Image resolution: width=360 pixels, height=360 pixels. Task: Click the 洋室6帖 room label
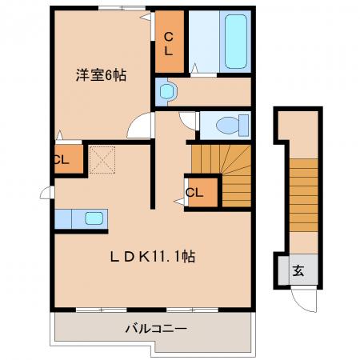click(101, 75)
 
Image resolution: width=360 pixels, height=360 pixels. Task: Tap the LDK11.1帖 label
click(153, 257)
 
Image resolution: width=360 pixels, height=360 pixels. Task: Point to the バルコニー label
click(156, 328)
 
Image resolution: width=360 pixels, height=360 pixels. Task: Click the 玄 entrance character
click(298, 270)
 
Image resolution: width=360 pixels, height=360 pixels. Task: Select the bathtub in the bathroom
click(235, 42)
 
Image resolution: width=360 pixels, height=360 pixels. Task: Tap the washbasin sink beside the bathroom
click(166, 91)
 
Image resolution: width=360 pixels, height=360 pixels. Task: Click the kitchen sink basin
click(94, 218)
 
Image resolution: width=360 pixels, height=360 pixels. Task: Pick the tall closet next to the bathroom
click(170, 42)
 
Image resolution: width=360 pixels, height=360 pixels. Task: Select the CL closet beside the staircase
click(202, 192)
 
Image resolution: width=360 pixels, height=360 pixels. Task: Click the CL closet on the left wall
click(69, 159)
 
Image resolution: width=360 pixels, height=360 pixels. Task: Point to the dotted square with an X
click(102, 160)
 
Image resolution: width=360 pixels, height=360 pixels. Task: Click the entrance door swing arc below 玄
click(304, 301)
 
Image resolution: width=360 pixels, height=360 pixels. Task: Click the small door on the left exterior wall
click(47, 192)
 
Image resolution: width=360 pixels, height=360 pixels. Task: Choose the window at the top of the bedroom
click(122, 8)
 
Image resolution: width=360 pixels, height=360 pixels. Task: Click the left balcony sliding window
click(102, 310)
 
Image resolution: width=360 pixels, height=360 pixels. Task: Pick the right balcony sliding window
click(193, 310)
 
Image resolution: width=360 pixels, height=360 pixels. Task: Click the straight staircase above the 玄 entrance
click(304, 195)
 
